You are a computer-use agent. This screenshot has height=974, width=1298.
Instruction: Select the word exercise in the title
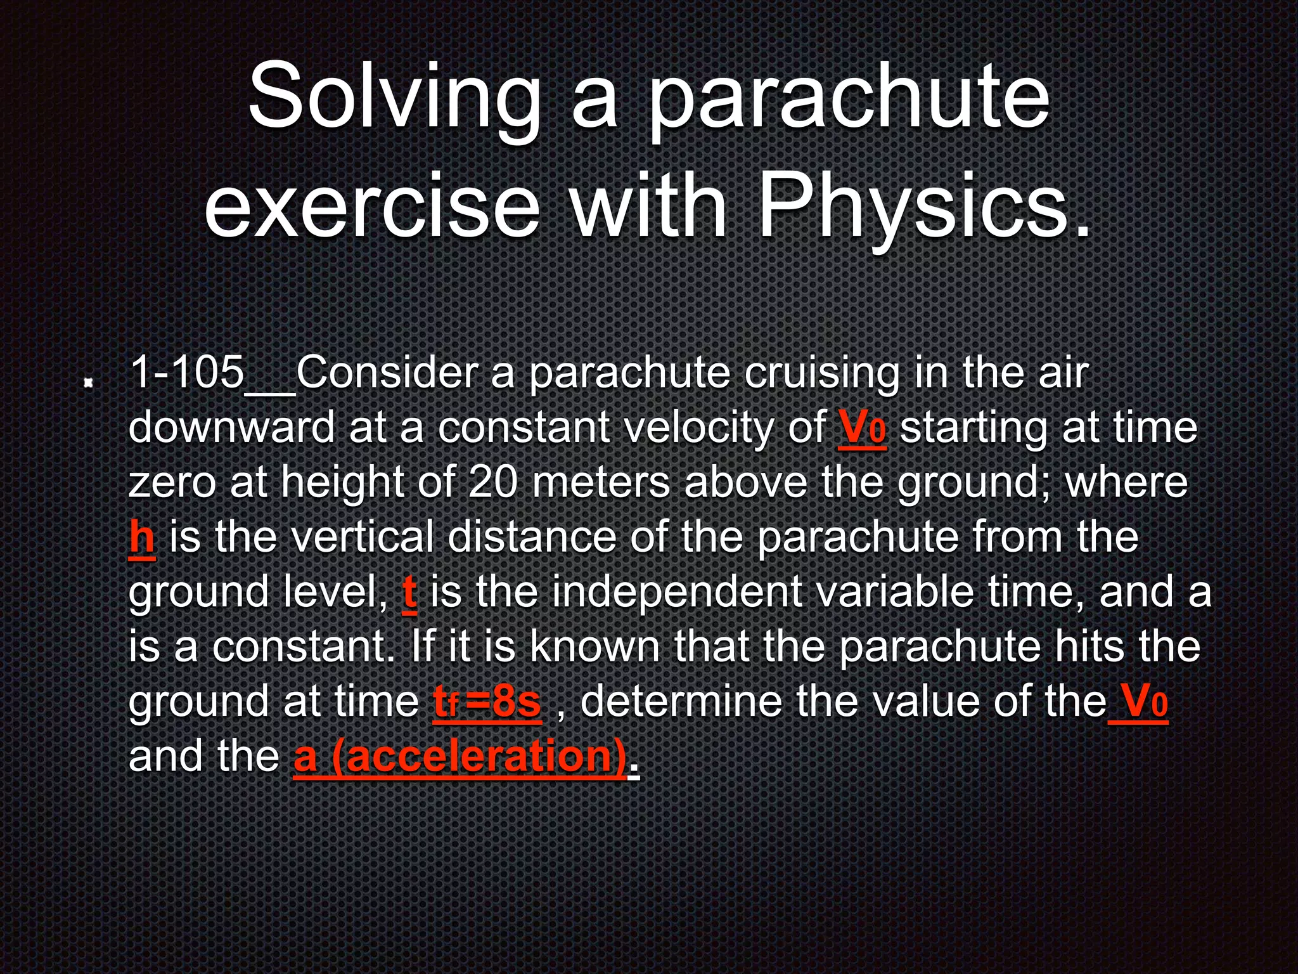click(x=372, y=206)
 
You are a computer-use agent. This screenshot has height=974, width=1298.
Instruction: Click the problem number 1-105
click(x=187, y=372)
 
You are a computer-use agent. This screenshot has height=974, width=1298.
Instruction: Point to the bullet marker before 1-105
click(x=89, y=382)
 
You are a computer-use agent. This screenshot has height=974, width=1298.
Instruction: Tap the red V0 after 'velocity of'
click(x=862, y=428)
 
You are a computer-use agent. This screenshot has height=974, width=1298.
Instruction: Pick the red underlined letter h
click(x=142, y=538)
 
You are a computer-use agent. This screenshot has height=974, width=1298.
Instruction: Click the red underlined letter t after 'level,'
click(x=409, y=592)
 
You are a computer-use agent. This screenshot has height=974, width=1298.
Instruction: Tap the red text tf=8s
click(x=487, y=702)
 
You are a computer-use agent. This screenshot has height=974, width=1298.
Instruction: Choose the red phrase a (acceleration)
click(x=460, y=756)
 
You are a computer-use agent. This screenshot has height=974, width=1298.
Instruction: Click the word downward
click(x=231, y=428)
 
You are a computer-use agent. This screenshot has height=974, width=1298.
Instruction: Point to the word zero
click(x=171, y=483)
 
